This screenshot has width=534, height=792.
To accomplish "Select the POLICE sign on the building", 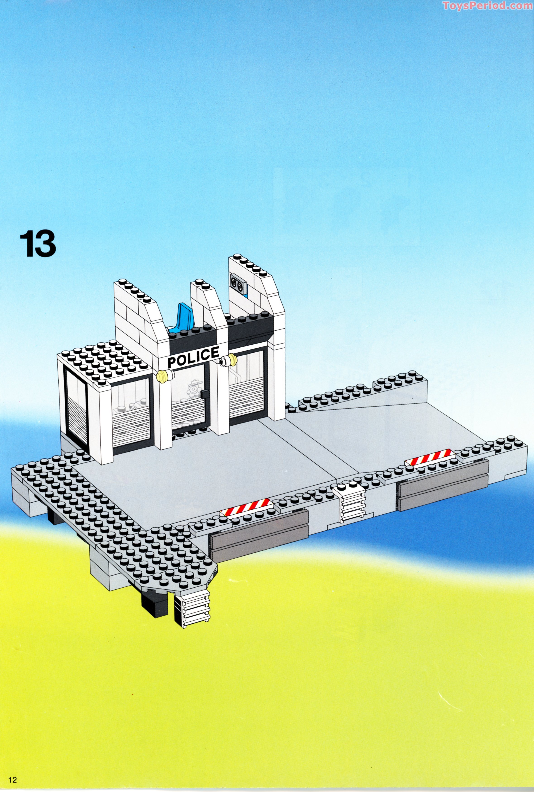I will point(193,357).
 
